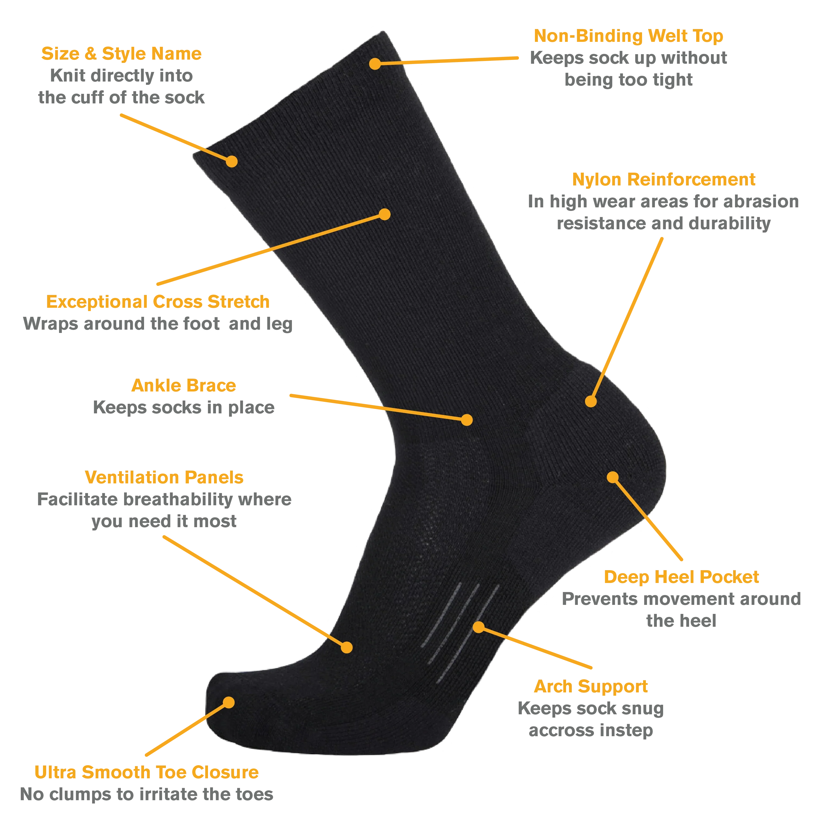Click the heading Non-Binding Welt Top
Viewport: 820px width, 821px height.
point(628,36)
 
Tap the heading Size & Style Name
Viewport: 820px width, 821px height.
point(121,54)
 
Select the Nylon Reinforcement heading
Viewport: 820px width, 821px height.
point(664,180)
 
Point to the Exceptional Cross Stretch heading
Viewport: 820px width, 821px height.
point(158,302)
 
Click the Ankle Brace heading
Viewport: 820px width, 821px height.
point(183,386)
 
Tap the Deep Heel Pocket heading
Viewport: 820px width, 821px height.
point(681,577)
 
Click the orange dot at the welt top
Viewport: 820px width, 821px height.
point(374,64)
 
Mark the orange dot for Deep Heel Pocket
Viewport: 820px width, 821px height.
point(612,477)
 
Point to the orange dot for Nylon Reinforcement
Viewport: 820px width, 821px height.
point(591,401)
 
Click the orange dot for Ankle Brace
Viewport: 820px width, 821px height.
point(467,420)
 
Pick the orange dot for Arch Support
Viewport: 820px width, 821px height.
point(479,627)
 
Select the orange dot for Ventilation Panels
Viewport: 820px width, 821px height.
point(347,647)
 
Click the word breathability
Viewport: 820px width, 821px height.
point(177,500)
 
